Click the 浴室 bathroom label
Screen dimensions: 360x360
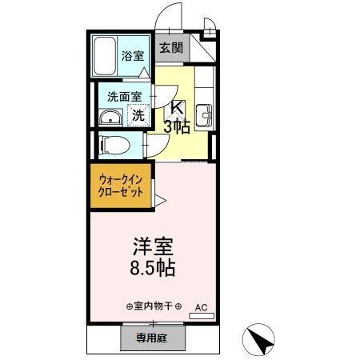(133, 56)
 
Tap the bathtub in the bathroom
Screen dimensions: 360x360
(105, 57)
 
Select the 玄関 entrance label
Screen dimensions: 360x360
(170, 48)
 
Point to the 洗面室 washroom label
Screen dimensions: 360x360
(124, 96)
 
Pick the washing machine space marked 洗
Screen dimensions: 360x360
(138, 114)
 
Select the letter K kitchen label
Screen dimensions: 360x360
(178, 110)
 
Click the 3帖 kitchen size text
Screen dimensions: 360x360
(178, 126)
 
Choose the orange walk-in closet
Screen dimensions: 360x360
(121, 186)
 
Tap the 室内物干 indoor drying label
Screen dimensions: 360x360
(154, 306)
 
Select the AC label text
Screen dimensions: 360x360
(201, 306)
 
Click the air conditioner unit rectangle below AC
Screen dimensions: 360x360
(201, 317)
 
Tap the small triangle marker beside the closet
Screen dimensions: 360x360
(160, 199)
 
